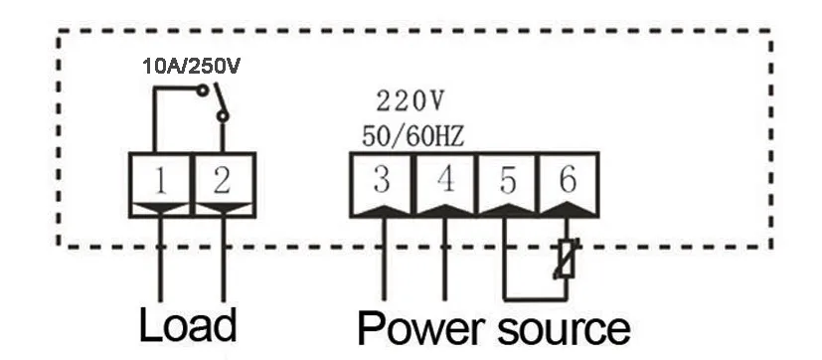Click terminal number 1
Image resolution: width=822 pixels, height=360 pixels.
[162, 180]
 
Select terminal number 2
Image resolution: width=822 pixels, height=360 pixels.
[223, 180]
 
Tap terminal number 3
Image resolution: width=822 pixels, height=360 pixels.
[381, 180]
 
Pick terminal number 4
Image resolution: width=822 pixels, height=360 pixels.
[444, 180]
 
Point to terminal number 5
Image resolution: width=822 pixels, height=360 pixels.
[507, 180]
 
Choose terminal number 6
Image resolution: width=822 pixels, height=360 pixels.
[568, 180]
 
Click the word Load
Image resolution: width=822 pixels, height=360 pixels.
[188, 325]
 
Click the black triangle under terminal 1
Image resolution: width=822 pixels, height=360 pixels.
[162, 208]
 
